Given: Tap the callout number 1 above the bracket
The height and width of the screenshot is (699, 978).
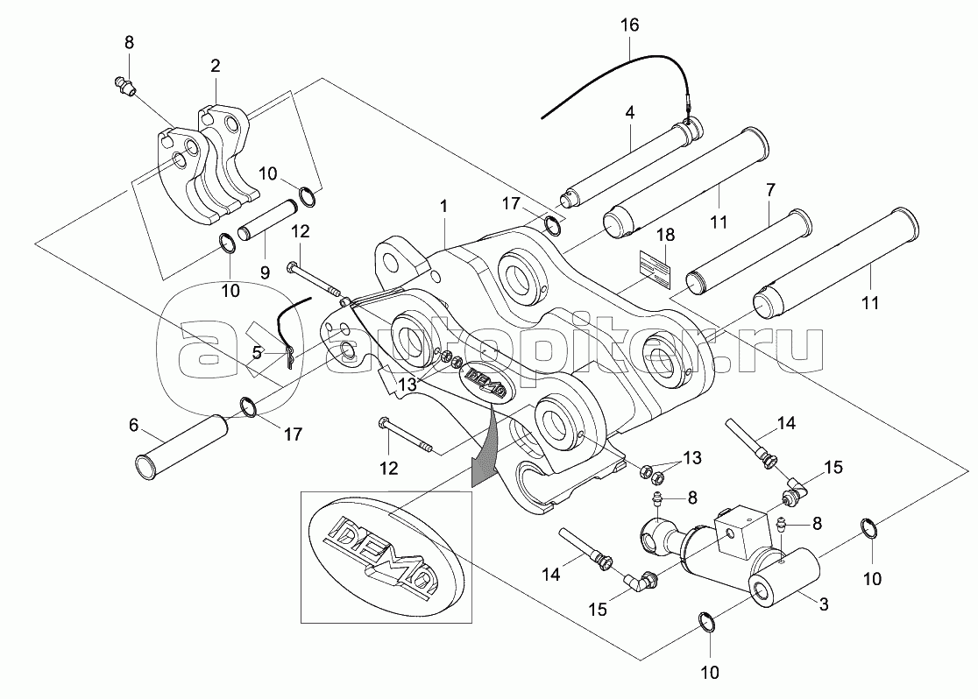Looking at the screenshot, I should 444,207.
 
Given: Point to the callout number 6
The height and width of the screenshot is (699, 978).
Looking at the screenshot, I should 133,425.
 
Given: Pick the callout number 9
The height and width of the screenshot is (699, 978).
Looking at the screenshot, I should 263,271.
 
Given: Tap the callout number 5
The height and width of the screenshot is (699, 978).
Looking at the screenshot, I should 257,353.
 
